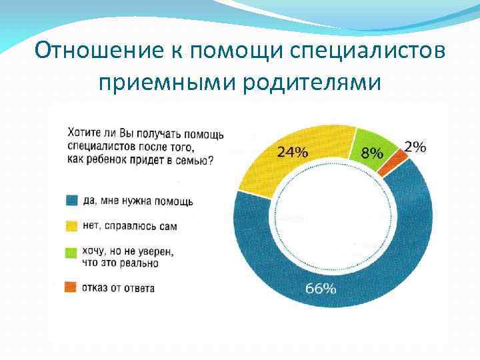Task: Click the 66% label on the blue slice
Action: pos(321,288)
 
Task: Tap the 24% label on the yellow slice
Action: pos(293,152)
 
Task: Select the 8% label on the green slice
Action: pos(372,153)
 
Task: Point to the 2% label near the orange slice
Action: pos(415,147)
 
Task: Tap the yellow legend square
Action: pos(71,226)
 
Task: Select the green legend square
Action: pos(71,252)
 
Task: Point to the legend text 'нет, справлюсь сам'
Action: pos(130,227)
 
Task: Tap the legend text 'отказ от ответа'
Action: pos(119,288)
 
